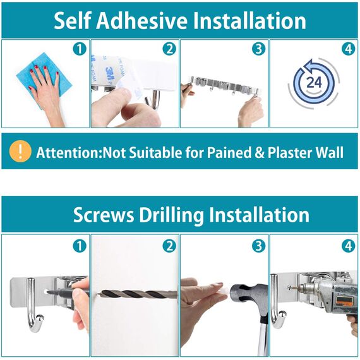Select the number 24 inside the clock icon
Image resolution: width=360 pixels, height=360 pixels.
(314, 83)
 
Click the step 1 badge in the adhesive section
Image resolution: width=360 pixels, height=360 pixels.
(80, 49)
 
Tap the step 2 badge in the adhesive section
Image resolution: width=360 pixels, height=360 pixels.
(169, 49)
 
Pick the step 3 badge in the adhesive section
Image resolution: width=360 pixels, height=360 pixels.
(258, 49)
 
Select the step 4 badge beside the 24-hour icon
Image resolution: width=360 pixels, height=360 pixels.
(349, 49)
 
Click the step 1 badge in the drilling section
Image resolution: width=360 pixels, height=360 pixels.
(80, 246)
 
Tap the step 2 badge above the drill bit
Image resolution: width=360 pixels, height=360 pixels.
(169, 246)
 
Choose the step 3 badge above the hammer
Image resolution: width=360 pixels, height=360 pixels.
(258, 246)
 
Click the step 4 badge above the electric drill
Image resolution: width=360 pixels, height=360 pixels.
(349, 246)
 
